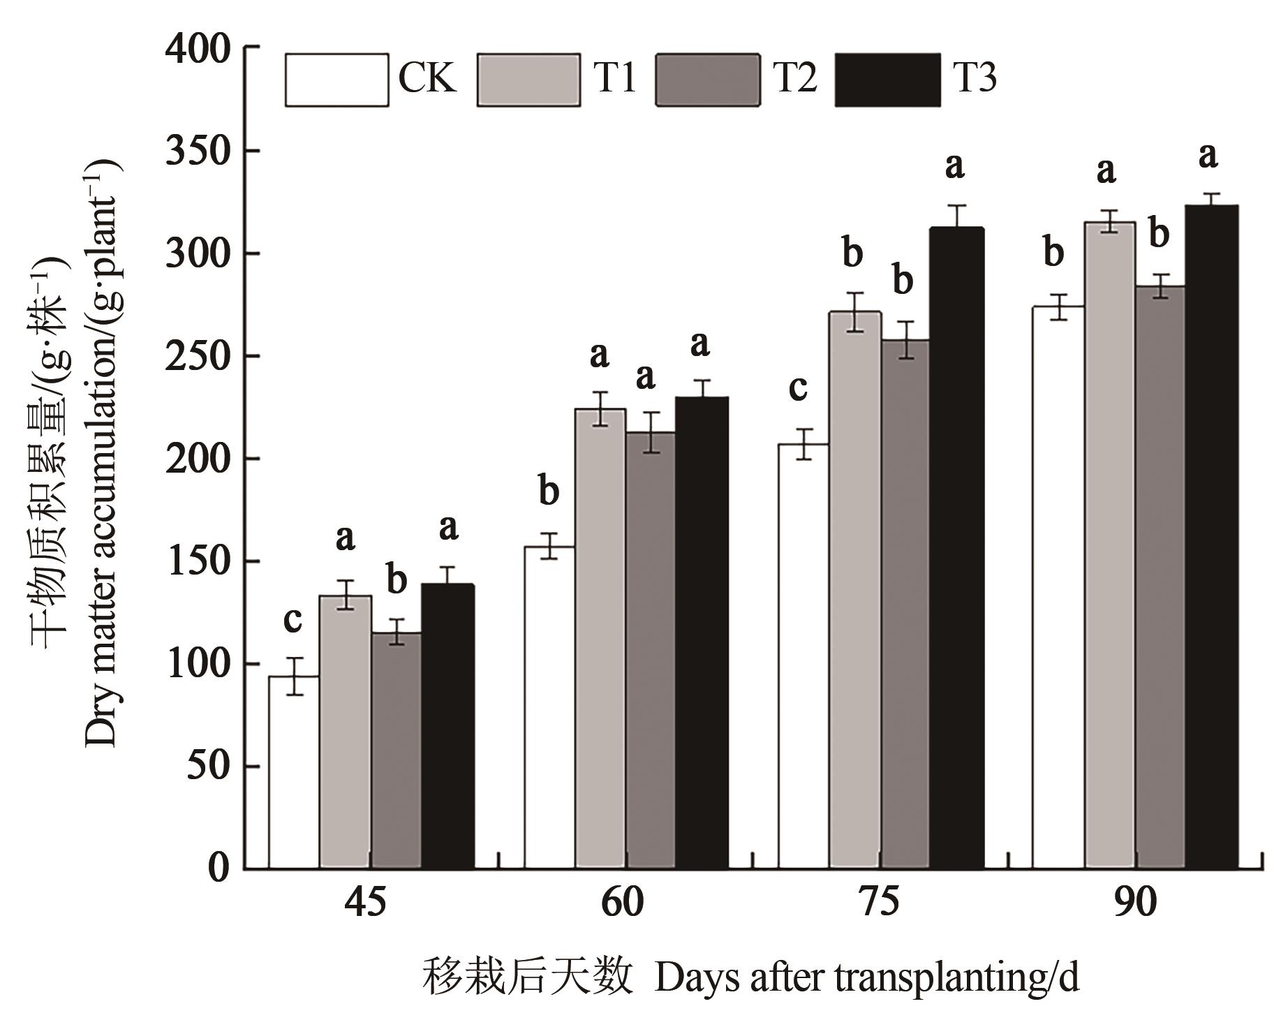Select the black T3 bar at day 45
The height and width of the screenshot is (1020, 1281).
pyautogui.click(x=447, y=726)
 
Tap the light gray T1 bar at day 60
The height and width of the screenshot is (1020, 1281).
pyautogui.click(x=600, y=639)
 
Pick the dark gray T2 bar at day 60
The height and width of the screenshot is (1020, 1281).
pyautogui.click(x=650, y=649)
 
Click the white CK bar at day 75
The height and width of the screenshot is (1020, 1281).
pyautogui.click(x=804, y=656)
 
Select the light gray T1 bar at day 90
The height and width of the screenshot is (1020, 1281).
pyautogui.click(x=1109, y=545)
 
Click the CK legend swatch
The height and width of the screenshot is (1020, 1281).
pyautogui.click(x=336, y=80)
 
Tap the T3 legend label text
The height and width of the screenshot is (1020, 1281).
pyautogui.click(x=975, y=78)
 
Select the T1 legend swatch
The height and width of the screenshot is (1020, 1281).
pyautogui.click(x=529, y=80)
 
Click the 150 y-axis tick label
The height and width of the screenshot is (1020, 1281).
pyautogui.click(x=198, y=561)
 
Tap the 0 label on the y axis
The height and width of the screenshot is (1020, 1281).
pyautogui.click(x=218, y=869)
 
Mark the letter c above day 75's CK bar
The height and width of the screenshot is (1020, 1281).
pyautogui.click(x=798, y=387)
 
